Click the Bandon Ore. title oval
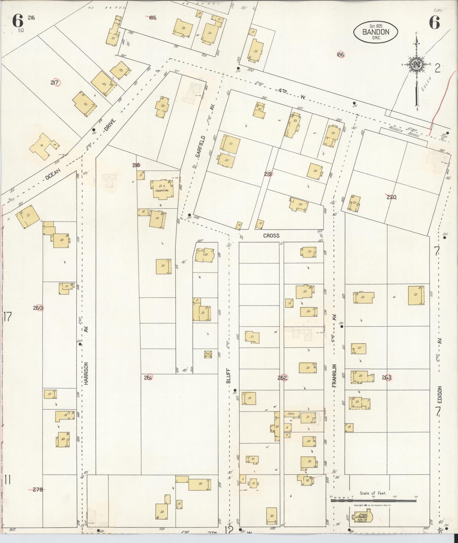pos(376,32)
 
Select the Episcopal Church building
pos(362,517)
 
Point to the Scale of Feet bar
pos(373,501)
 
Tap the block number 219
pos(268,174)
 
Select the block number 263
pos(387,377)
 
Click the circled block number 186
pos(340,54)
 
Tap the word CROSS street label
pos(271,235)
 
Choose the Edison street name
pos(439,394)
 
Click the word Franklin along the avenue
pos(334,376)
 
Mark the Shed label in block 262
pos(291,413)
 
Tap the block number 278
pos(38,489)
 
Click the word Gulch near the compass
pos(427,84)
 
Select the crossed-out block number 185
pos(152,18)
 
